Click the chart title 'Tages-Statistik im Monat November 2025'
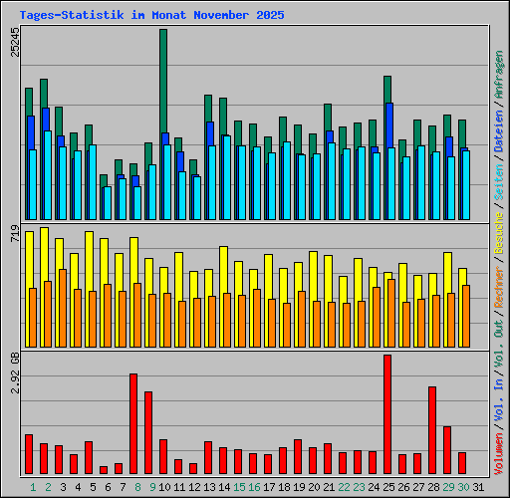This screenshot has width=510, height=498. tap(151, 16)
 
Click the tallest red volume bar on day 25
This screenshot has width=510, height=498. tap(387, 414)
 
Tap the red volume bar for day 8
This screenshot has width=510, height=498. tap(133, 423)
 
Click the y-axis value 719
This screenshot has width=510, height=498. tap(15, 235)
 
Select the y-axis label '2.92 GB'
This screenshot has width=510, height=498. tap(15, 371)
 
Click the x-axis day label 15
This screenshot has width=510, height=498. tap(239, 487)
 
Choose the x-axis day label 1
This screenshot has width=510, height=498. tap(33, 487)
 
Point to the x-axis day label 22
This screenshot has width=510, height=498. tap(344, 487)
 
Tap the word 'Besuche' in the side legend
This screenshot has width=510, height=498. tap(499, 239)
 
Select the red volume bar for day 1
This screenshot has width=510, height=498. tap(29, 454)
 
